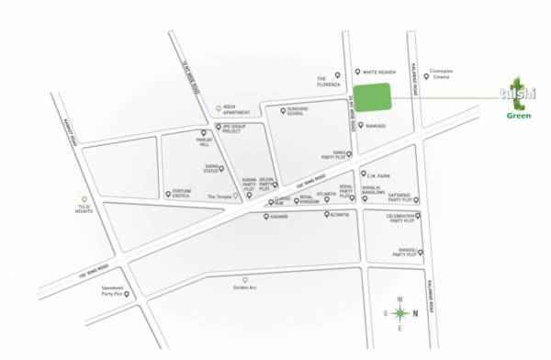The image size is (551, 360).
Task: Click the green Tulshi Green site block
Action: pos(372,98)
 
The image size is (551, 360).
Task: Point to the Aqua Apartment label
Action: pos(236,109)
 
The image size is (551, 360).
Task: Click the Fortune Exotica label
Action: pos(181,194)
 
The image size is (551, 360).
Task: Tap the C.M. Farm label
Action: pos(380,174)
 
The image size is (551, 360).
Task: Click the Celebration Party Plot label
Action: pos(403,219)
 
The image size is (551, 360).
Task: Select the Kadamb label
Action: pos(280,218)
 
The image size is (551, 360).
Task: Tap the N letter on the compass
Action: pos(416,313)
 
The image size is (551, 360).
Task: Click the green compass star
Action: pos(399,314)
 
